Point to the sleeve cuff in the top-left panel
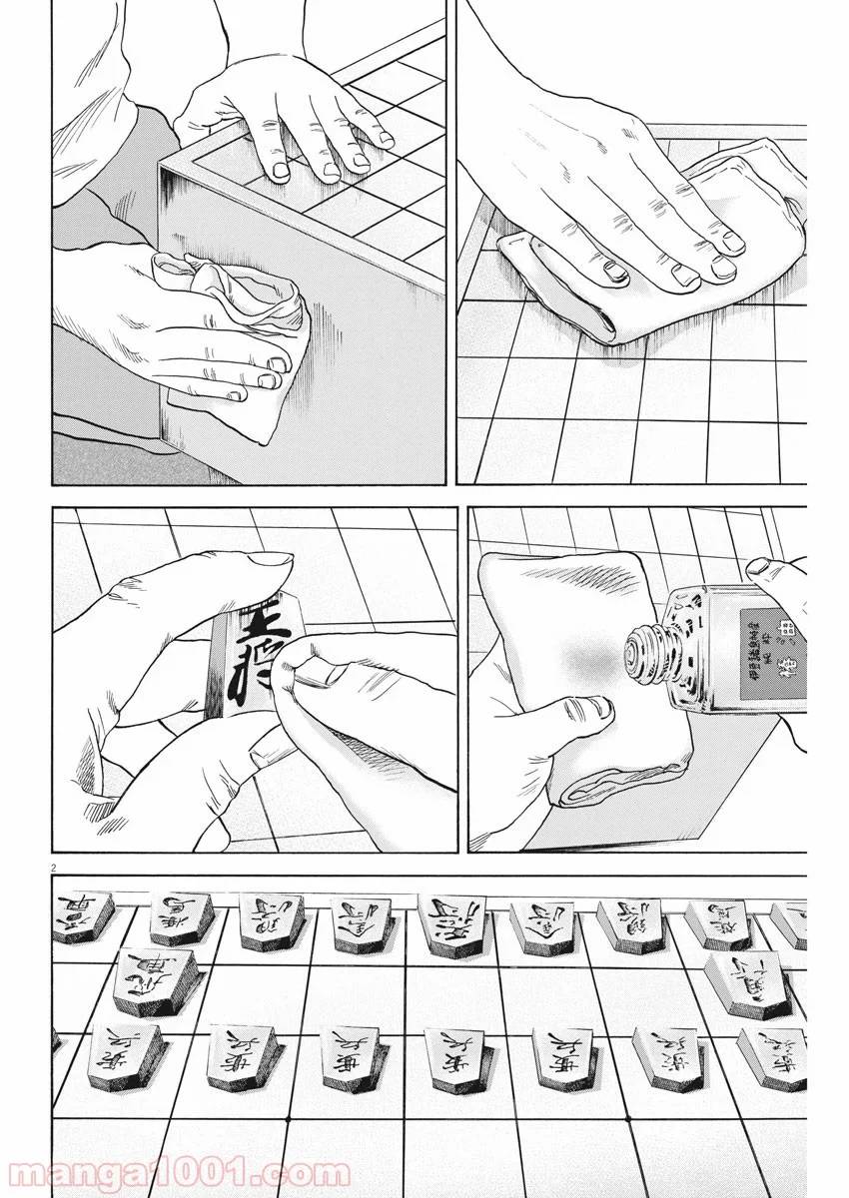coord(95,150)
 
